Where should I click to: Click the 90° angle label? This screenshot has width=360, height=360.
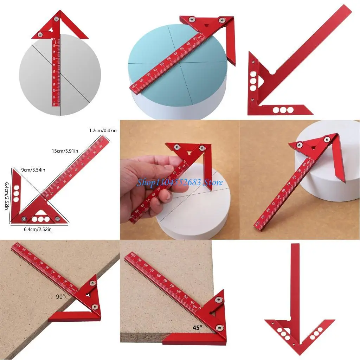pos(61,297)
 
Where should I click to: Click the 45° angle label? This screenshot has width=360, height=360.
pos(198,328)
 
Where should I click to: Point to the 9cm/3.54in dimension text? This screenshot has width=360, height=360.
pos(33,170)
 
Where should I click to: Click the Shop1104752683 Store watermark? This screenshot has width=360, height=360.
pos(180,182)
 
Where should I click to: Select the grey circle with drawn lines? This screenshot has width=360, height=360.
pos(39,81)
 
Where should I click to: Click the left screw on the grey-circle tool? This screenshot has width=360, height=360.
pos(41,34)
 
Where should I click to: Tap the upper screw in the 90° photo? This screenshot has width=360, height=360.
pos(92,283)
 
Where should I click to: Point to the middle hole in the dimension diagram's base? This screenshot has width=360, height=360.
pos(41,219)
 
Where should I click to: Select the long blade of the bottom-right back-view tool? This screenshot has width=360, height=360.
pos(295,281)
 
